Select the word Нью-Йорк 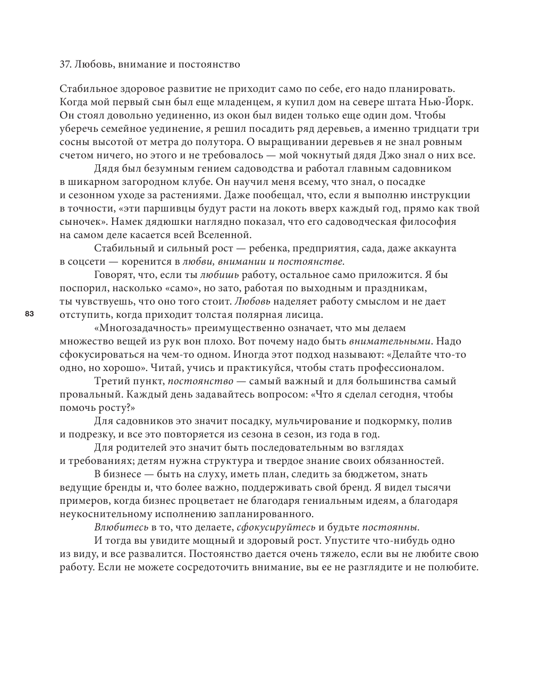[x=451, y=102]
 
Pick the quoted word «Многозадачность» [x=142, y=328]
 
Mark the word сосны [x=73, y=142]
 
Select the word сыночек [x=80, y=222]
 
